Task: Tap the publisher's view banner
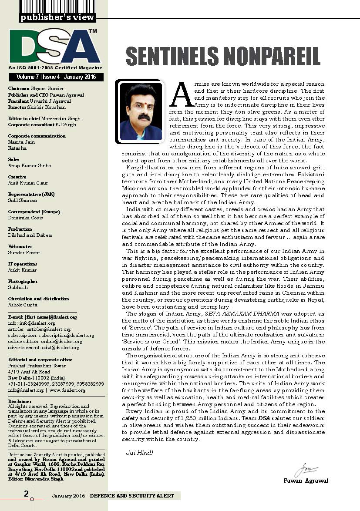click(57, 17)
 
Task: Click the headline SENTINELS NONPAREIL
click(223, 57)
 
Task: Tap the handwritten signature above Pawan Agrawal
click(304, 471)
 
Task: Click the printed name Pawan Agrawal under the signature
click(306, 481)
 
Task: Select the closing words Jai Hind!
click(139, 453)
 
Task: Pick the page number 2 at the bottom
click(26, 494)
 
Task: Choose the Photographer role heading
click(23, 281)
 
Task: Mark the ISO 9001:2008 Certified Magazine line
click(55, 68)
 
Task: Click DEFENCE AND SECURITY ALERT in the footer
click(132, 496)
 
